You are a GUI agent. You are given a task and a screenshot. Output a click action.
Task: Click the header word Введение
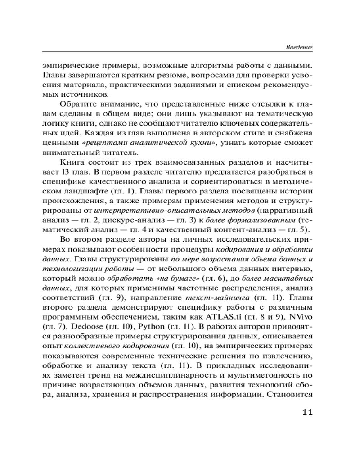tap(299, 47)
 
